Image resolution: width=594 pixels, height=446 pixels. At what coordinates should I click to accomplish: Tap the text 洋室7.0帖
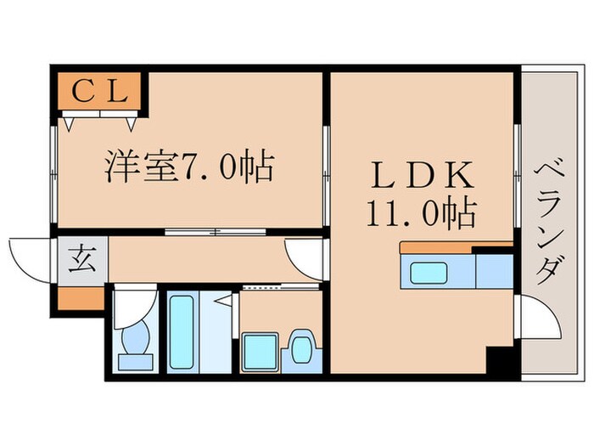(188, 167)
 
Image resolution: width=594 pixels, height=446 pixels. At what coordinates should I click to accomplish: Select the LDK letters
(421, 174)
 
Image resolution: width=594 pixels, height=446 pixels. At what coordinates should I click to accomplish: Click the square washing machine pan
(259, 349)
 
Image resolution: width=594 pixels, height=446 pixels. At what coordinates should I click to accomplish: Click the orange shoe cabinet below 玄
(82, 298)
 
